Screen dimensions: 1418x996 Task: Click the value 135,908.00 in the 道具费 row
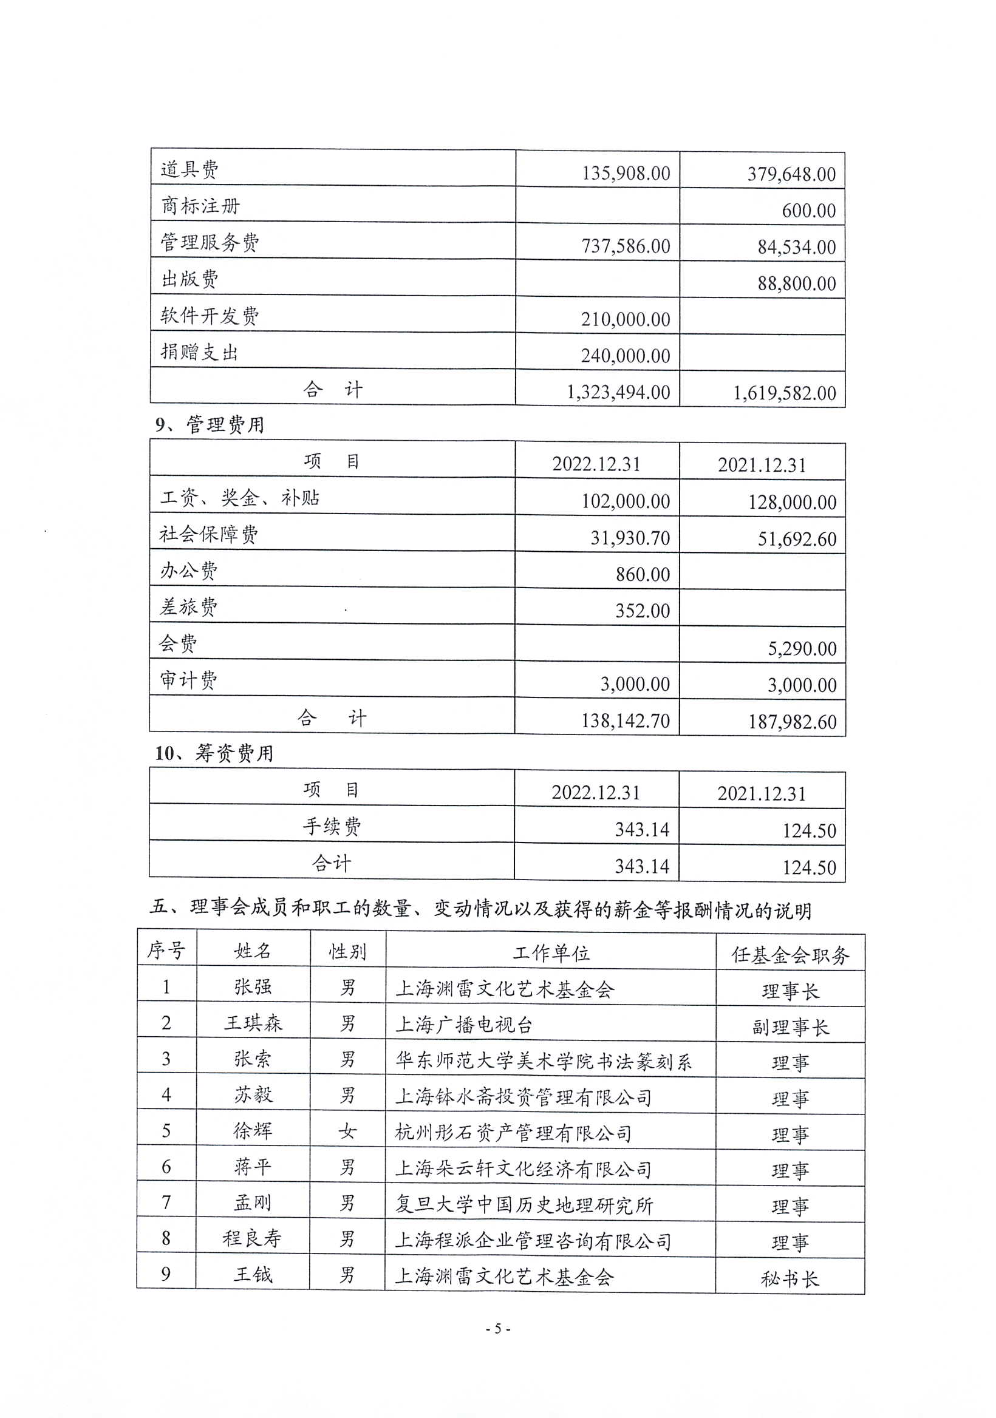pos(626,174)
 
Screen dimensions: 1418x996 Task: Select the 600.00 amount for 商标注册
pos(808,211)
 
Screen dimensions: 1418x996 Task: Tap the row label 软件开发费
pos(210,316)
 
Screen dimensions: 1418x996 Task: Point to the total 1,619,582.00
pos(784,393)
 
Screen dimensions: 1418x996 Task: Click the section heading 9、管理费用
pos(210,425)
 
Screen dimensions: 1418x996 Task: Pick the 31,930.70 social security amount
pos(630,538)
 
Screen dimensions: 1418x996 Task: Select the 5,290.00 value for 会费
pos(802,648)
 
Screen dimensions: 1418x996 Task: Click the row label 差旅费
pos(188,607)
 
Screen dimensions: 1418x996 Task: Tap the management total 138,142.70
pos(626,721)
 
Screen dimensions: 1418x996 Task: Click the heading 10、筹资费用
pos(214,753)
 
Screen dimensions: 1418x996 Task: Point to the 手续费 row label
pos(332,826)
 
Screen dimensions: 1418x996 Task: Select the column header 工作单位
pos(550,953)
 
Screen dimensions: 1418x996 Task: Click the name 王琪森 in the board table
pos(253,1023)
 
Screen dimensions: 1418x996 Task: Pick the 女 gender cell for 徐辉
pos(347,1131)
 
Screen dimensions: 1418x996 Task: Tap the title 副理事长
pos(790,1027)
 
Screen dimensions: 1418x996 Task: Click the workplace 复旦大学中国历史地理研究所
pos(524,1204)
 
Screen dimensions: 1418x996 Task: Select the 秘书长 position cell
pos(790,1278)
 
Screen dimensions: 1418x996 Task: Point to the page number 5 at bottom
pos(497,1328)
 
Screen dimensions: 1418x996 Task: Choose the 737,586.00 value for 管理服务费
pos(626,246)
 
